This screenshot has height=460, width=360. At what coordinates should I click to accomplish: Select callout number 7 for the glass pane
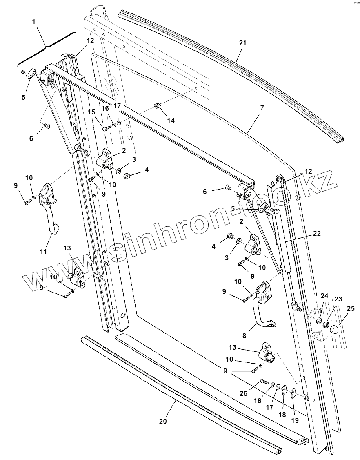coord(262,108)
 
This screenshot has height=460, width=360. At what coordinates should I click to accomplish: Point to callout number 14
coord(171,121)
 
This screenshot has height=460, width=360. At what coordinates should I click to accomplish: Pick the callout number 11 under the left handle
coord(44,252)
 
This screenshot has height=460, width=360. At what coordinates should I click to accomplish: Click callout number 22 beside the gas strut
coord(317,234)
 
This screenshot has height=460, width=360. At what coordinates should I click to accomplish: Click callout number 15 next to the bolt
coord(91,112)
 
